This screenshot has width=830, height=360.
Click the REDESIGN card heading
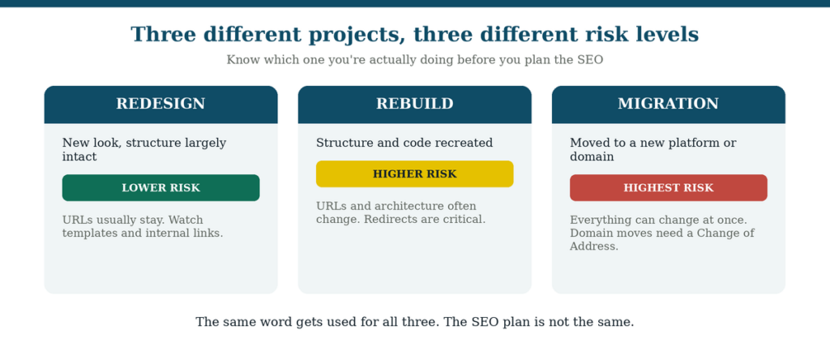(x=160, y=104)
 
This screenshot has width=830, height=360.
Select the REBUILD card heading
(x=414, y=104)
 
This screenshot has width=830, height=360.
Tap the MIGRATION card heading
(x=668, y=104)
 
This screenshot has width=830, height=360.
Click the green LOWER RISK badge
(x=161, y=188)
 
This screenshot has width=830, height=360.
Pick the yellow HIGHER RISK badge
(x=414, y=174)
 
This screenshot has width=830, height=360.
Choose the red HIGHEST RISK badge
(x=669, y=188)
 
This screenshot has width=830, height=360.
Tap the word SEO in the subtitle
(x=590, y=60)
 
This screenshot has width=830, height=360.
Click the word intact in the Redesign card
(x=79, y=156)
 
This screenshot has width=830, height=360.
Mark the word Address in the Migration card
(x=594, y=246)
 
